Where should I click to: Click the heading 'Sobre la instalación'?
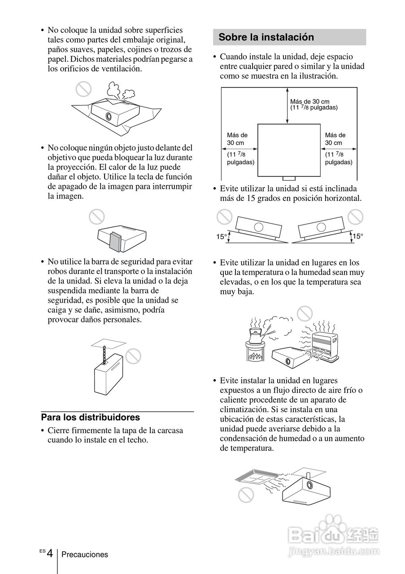[266, 37]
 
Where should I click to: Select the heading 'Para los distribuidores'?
[91, 417]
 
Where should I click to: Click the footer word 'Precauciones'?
[85, 555]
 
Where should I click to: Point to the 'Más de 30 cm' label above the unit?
[309, 101]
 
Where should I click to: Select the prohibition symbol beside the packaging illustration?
[83, 90]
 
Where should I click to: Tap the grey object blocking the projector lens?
[115, 241]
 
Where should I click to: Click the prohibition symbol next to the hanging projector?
[133, 356]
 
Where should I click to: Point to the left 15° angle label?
[222, 236]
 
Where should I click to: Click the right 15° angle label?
[357, 236]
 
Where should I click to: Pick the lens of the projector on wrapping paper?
[109, 116]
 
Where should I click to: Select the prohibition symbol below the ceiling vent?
[246, 495]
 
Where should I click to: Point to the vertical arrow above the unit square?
[287, 105]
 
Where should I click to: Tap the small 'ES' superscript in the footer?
[42, 550]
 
